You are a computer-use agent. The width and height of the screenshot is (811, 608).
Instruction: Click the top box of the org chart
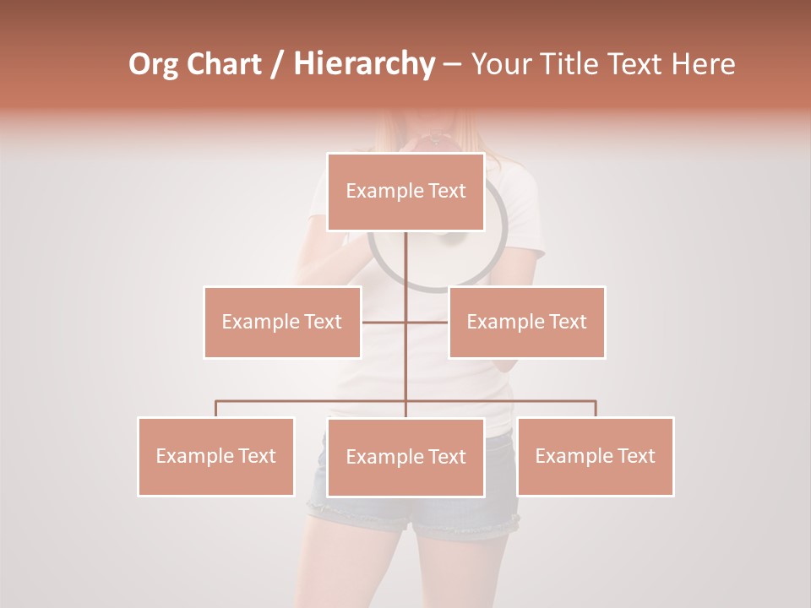tap(405, 192)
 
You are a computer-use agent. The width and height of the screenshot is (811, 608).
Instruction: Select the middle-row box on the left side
tap(282, 322)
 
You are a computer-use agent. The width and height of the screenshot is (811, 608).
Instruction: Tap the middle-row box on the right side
tap(526, 322)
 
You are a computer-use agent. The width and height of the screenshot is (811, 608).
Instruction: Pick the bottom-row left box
tap(216, 456)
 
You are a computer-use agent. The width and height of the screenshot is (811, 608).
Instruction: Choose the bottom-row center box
tap(405, 457)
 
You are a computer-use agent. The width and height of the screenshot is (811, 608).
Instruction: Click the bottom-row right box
tap(595, 456)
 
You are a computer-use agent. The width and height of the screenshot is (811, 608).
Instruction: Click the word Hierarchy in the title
tap(364, 64)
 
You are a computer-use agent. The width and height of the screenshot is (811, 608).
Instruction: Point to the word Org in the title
tap(153, 64)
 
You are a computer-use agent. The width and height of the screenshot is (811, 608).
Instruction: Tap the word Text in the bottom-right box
tap(635, 456)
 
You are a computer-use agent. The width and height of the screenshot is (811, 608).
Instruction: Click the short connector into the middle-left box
tap(384, 322)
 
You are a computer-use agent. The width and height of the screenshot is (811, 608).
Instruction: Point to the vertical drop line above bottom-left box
tap(216, 409)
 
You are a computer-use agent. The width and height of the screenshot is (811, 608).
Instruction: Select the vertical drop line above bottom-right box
tap(595, 409)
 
